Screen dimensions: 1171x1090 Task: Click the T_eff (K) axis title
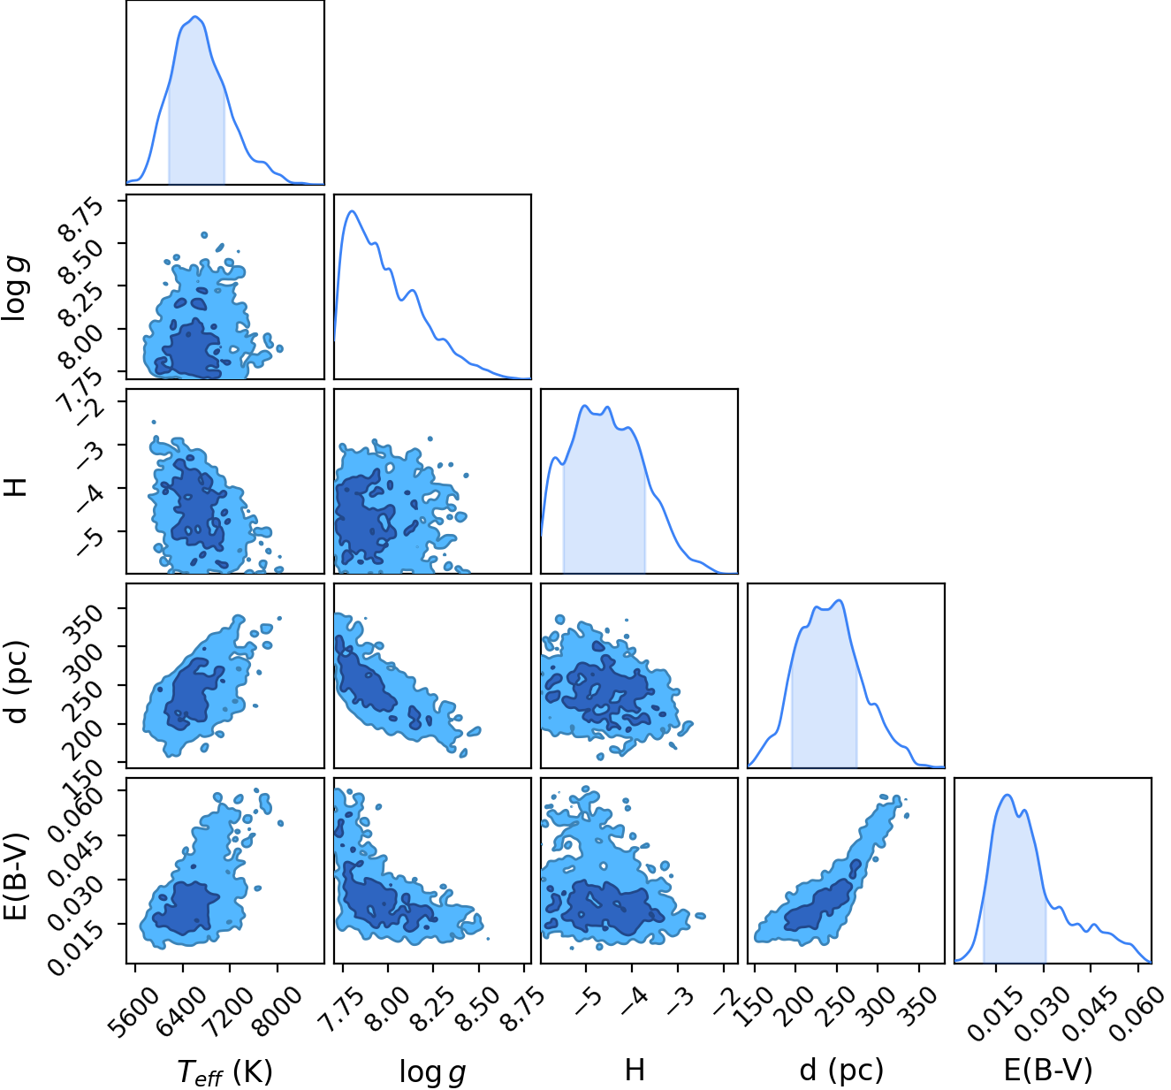coord(224,1070)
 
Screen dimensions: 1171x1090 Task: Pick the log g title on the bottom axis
coord(432,1071)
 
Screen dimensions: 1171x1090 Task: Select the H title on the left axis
coord(16,487)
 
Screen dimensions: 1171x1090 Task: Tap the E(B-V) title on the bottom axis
coord(1048,1068)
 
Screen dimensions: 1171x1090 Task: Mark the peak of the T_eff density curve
coord(196,17)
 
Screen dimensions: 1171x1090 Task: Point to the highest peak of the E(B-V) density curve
coord(1008,795)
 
